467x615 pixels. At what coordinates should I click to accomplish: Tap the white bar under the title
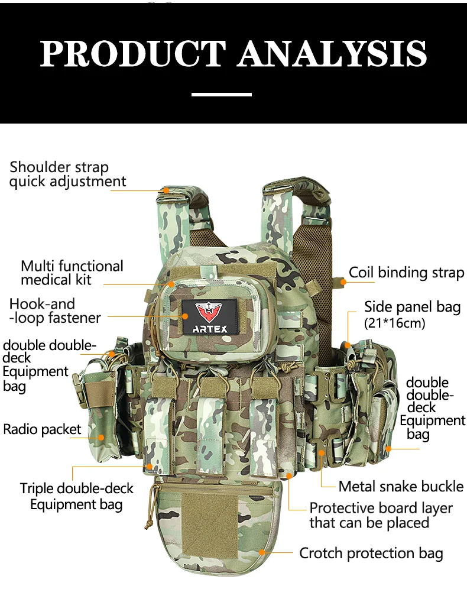click(222, 94)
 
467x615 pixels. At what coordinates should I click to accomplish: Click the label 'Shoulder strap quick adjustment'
click(67, 174)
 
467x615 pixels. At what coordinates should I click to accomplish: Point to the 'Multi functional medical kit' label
click(72, 273)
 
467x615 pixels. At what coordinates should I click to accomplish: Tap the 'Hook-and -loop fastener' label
click(54, 311)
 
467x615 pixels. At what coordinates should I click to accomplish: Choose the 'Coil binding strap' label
click(406, 273)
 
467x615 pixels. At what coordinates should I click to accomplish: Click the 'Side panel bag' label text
click(412, 307)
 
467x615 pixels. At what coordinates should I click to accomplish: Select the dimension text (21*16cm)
click(394, 323)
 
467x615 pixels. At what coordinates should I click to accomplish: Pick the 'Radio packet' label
click(42, 429)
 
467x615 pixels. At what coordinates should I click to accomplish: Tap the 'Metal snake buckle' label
click(401, 487)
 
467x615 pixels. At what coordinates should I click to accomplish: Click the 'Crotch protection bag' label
click(371, 553)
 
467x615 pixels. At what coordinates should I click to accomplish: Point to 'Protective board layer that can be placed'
click(381, 516)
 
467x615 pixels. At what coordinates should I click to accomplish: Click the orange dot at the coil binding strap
click(343, 282)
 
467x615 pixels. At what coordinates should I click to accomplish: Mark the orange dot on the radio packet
click(101, 438)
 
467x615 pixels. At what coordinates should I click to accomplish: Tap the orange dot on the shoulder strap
click(167, 190)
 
